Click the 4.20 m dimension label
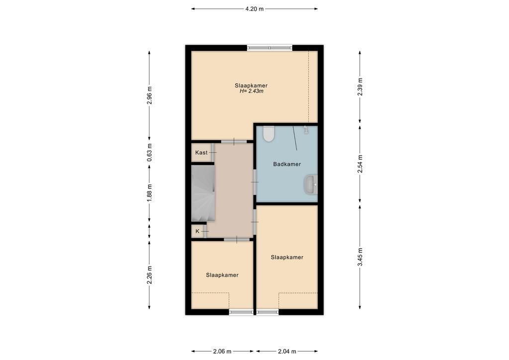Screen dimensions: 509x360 pyautogui.click(x=254, y=9)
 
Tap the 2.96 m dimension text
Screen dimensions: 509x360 pyautogui.click(x=149, y=95)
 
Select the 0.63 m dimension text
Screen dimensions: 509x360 pyautogui.click(x=149, y=152)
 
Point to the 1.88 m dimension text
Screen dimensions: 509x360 pyautogui.click(x=149, y=193)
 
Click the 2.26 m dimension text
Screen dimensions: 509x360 pyautogui.click(x=149, y=274)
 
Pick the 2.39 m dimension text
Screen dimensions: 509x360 pyautogui.click(x=360, y=87)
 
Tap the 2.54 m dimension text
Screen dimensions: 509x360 pyautogui.click(x=360, y=164)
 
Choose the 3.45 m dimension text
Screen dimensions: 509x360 pyautogui.click(x=360, y=257)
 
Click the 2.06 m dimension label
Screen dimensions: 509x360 pyautogui.click(x=222, y=351)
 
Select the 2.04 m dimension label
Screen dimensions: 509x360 pyautogui.click(x=287, y=351)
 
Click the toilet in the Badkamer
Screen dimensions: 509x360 pyautogui.click(x=269, y=134)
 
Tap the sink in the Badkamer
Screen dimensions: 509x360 pyautogui.click(x=311, y=184)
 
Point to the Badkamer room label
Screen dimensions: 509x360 pyautogui.click(x=287, y=164)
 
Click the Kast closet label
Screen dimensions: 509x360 pyautogui.click(x=201, y=153)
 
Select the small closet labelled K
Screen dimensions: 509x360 pyautogui.click(x=197, y=231)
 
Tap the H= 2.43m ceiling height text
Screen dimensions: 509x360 pyautogui.click(x=251, y=91)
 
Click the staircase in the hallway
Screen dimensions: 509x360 pyautogui.click(x=203, y=193)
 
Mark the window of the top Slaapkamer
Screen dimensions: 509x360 pyautogui.click(x=270, y=48)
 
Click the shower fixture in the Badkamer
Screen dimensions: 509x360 pyautogui.click(x=306, y=130)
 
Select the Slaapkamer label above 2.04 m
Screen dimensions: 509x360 pyautogui.click(x=287, y=257)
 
